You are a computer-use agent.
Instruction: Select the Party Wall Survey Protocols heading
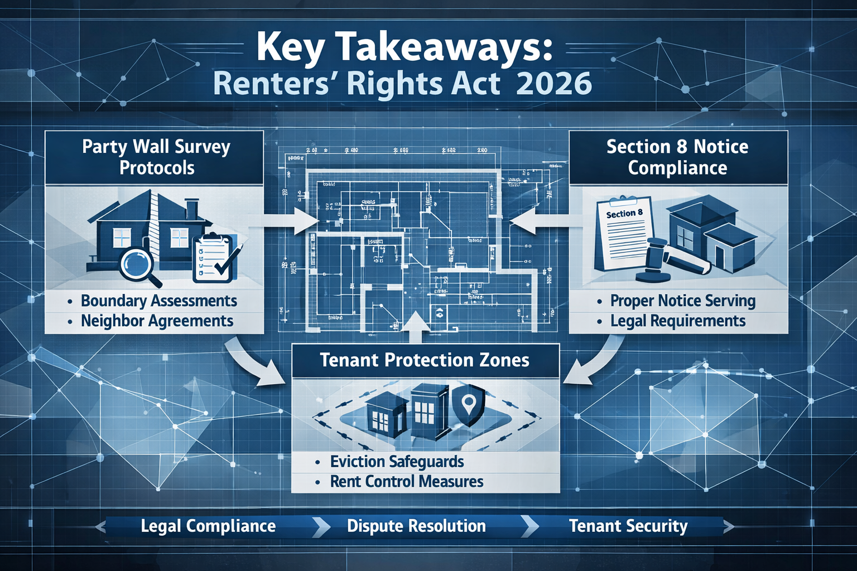(x=156, y=157)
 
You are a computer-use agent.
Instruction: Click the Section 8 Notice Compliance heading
(x=677, y=157)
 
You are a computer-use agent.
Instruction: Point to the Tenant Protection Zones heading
(x=425, y=360)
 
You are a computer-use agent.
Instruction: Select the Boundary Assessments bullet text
(x=158, y=301)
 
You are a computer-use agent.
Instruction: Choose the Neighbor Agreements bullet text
(x=157, y=321)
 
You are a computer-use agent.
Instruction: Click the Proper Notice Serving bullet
(x=682, y=301)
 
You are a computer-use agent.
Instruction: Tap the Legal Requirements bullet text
(x=678, y=321)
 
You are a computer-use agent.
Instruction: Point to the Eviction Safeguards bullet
(x=397, y=462)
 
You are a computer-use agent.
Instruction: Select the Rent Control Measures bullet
(x=406, y=482)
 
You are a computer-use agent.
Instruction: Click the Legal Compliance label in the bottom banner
(x=208, y=526)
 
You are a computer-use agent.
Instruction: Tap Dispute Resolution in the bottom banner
(x=416, y=526)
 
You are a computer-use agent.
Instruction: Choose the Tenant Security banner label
(x=628, y=526)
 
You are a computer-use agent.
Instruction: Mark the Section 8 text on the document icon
(x=624, y=214)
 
